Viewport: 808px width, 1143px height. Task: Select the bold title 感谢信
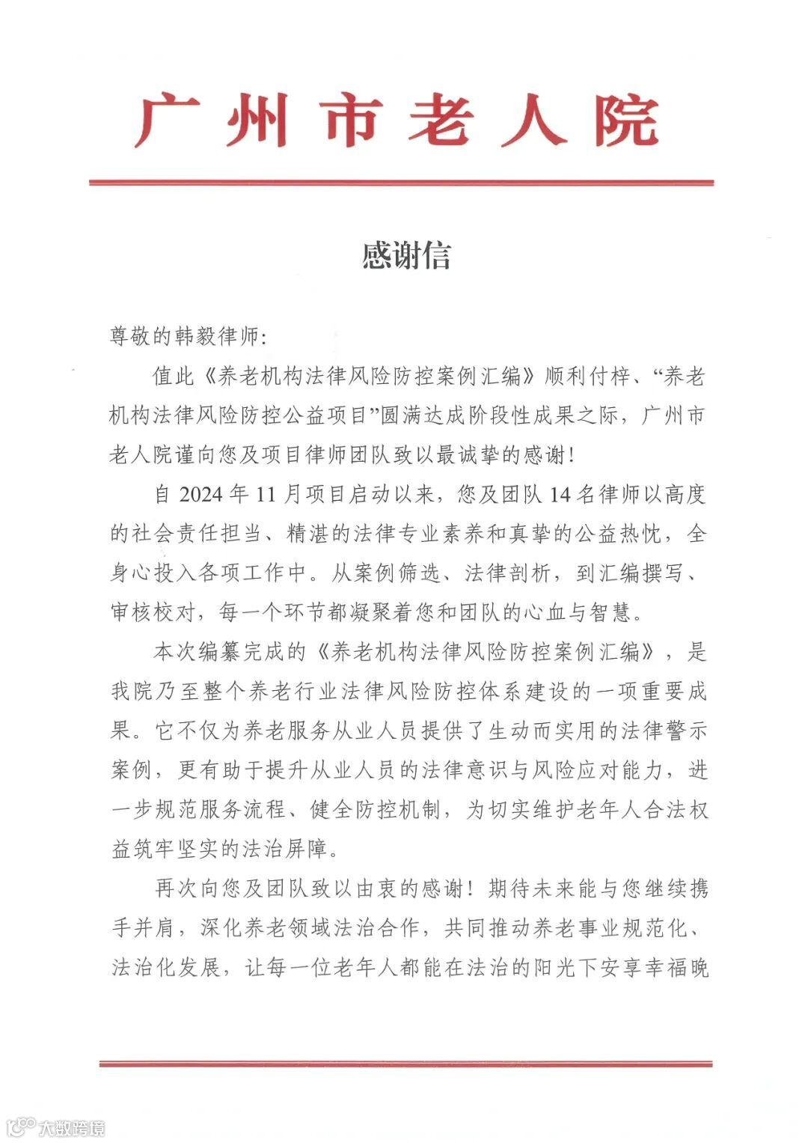405,255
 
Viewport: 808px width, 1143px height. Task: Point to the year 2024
202,495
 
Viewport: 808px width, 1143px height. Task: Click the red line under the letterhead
402,183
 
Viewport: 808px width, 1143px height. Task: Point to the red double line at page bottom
405,1063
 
